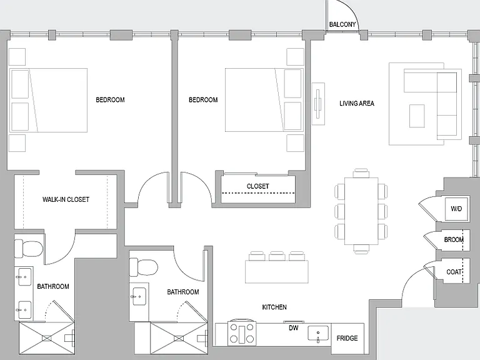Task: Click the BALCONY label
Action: [x=342, y=24]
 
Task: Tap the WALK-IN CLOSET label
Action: [x=66, y=199]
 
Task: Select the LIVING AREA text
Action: [x=357, y=104]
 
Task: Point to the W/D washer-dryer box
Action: [x=456, y=209]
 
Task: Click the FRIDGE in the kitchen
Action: [x=347, y=338]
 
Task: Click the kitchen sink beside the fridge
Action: [x=318, y=334]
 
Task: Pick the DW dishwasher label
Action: [x=294, y=328]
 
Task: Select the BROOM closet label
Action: [x=454, y=240]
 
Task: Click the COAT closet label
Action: [x=454, y=272]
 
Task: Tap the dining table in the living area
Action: [x=361, y=211]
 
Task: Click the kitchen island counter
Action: [x=277, y=271]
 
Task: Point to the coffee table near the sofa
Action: [x=417, y=116]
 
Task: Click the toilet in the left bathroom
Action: [x=28, y=249]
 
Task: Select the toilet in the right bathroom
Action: [x=143, y=267]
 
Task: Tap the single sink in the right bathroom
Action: [x=139, y=296]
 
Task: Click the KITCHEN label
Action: [x=274, y=307]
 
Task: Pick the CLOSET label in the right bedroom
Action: [x=257, y=186]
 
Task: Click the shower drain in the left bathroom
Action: [x=47, y=338]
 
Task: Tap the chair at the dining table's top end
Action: [x=361, y=173]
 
